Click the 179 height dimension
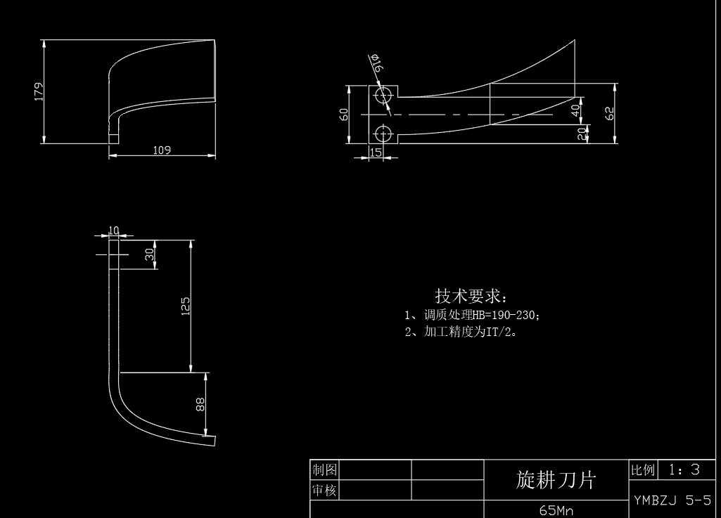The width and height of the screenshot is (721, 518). [x=39, y=91]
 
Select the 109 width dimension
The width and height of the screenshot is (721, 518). [x=162, y=150]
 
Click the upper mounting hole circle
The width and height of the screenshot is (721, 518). [x=383, y=95]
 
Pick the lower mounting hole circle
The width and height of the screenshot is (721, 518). [x=383, y=133]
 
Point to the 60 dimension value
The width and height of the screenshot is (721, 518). [x=344, y=114]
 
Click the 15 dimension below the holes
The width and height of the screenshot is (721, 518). [x=376, y=152]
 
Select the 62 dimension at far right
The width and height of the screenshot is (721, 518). [x=610, y=112]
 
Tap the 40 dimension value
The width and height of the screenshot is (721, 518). [x=575, y=110]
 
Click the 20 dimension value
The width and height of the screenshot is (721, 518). [x=581, y=133]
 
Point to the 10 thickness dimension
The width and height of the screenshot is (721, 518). [x=114, y=230]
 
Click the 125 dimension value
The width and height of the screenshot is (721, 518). [x=186, y=306]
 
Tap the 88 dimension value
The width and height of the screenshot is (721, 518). [x=200, y=404]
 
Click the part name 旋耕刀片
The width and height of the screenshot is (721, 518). [x=556, y=479]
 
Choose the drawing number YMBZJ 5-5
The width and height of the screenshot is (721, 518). [x=672, y=500]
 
